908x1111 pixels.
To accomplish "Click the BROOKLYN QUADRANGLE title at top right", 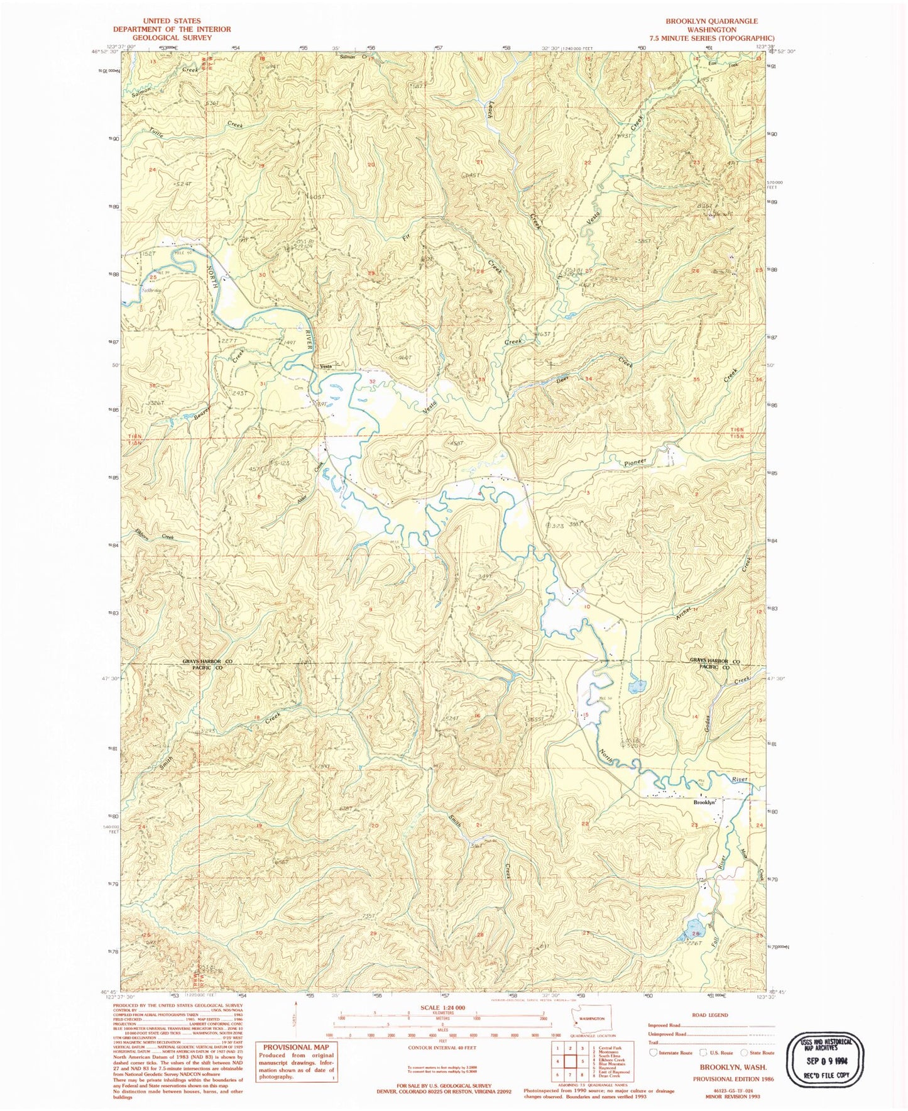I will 711,21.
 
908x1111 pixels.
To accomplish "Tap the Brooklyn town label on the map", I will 704,802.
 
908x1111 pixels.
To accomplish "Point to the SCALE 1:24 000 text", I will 444,1007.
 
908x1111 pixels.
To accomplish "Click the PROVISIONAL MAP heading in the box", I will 296,1047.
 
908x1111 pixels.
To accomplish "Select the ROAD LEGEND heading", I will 711,1015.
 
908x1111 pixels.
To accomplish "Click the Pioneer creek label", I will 635,462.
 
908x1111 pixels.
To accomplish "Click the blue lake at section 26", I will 692,926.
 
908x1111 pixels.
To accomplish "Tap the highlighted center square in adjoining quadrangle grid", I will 571,1061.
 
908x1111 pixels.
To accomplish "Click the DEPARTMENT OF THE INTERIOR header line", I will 172,29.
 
